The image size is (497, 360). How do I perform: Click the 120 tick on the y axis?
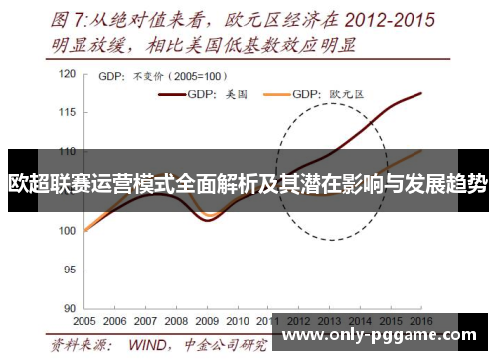tap(67, 74)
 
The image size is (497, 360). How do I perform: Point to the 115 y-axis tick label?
tap(67, 113)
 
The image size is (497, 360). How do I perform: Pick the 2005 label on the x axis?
tap(84, 322)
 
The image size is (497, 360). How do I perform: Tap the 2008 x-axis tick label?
tap(178, 322)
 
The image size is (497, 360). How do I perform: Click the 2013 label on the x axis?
tap(330, 322)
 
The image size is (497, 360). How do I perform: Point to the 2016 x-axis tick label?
tap(422, 322)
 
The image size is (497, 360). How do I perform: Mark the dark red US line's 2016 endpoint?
tap(421, 93)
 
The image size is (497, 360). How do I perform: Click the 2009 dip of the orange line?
tap(209, 214)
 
